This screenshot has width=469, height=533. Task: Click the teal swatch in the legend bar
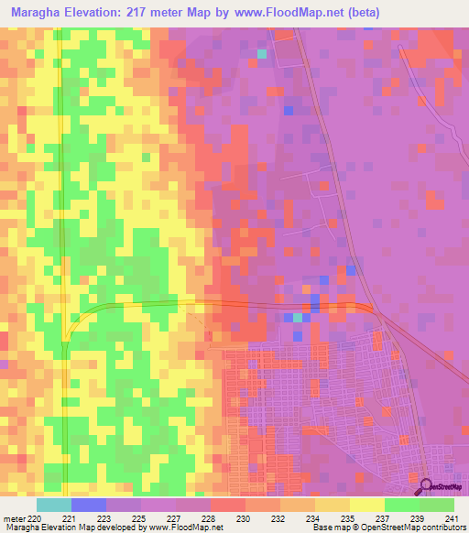(x=53, y=505)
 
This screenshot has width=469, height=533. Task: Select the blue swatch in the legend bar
(x=88, y=505)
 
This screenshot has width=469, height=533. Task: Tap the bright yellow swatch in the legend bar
(x=367, y=505)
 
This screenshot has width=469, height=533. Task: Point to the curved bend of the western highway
(x=75, y=321)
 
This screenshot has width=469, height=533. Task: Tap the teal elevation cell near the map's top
(x=263, y=54)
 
